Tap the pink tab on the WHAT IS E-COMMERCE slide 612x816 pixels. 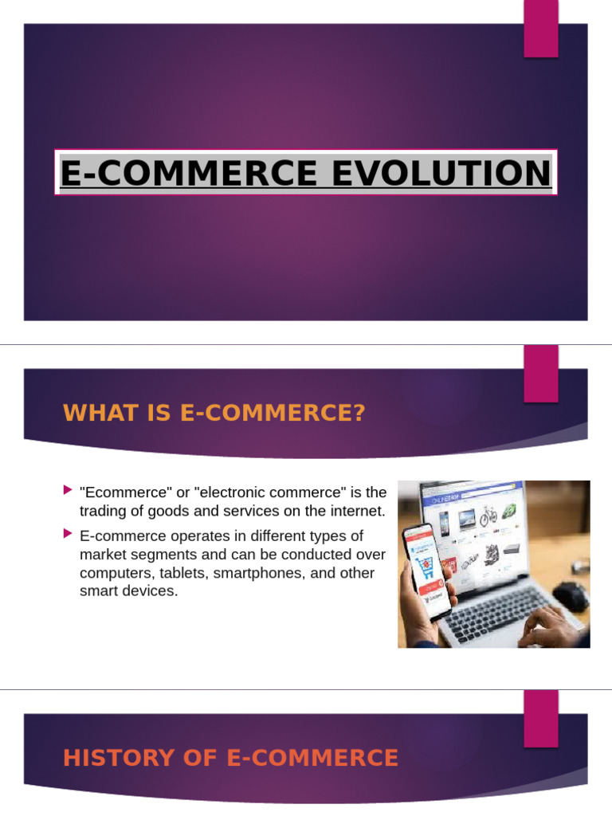pyautogui.click(x=540, y=375)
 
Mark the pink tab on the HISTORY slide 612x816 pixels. pyautogui.click(x=540, y=719)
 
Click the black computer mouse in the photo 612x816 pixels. pyautogui.click(x=570, y=594)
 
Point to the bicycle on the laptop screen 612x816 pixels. pyautogui.click(x=488, y=515)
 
